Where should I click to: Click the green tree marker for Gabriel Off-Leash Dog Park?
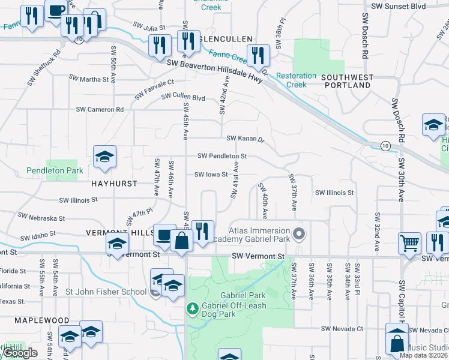tap(193, 308)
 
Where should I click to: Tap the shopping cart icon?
tap(410, 244)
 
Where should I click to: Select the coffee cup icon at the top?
tap(56, 11)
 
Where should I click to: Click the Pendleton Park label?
tap(55, 171)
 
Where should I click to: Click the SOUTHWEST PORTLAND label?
tap(347, 82)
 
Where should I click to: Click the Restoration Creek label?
tap(297, 80)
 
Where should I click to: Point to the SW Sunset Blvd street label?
tap(398, 6)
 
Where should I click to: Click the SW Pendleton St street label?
tap(222, 156)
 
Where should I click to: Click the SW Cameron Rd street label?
tap(100, 110)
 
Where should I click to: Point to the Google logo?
tap(19, 353)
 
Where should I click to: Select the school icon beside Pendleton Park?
tap(104, 158)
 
